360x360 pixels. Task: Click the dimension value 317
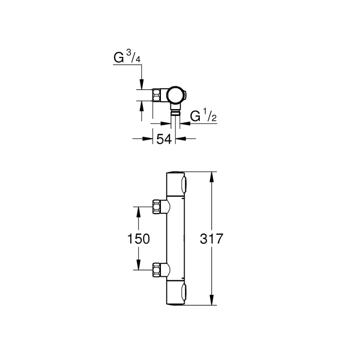point(212,239)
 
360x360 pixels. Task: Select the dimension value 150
point(138,239)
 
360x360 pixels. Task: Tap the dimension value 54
point(164,139)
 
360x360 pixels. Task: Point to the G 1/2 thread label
point(203,116)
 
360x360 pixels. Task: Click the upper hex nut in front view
point(157,207)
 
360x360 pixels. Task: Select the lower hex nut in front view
point(157,270)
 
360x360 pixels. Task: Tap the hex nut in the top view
point(157,95)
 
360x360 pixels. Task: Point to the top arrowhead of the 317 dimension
point(212,176)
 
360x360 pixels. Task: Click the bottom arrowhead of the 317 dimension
point(212,302)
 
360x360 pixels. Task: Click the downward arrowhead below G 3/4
point(141,85)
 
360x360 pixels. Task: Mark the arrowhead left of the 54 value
point(148,139)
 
